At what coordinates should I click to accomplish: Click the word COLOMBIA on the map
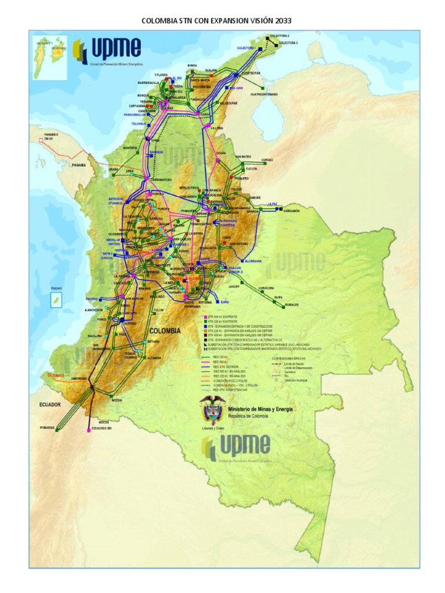point(165,331)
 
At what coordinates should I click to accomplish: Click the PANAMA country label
point(79,165)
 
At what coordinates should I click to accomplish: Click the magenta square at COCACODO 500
point(88,430)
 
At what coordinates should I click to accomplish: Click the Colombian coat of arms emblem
point(211,412)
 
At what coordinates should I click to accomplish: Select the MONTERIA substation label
point(130,148)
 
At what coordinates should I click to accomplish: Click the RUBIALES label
point(291,305)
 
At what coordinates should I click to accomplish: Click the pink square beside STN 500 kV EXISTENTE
point(204,317)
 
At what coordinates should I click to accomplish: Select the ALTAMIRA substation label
point(154,358)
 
